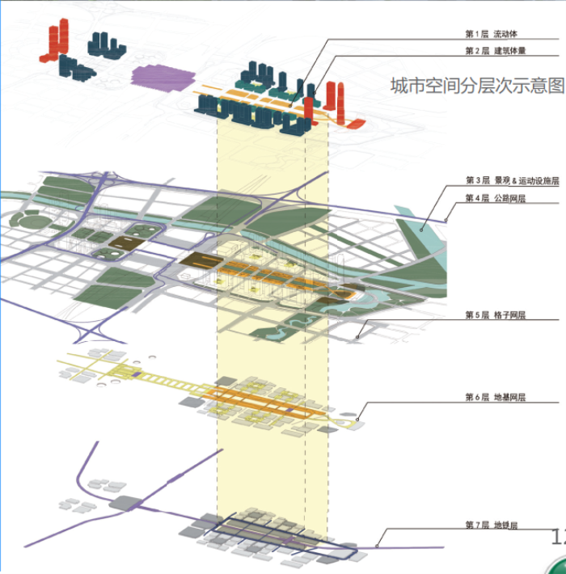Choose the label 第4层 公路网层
496,197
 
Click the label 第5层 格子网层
496,314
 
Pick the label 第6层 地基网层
496,397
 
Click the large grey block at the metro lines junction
125,503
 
